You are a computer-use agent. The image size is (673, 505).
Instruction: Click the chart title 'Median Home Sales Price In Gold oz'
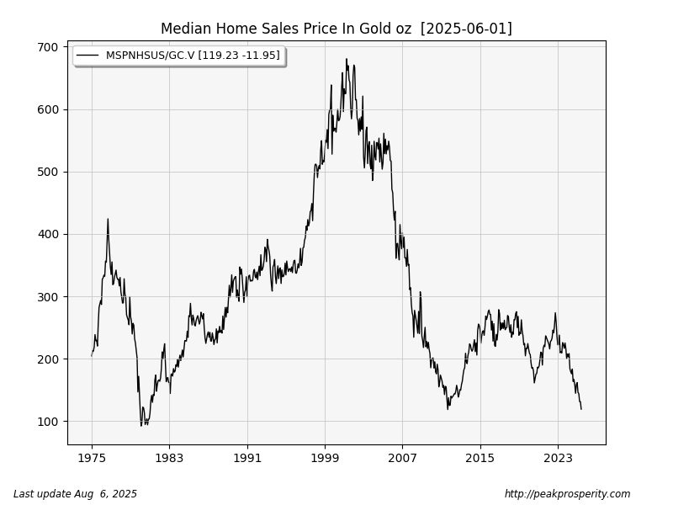coord(286,29)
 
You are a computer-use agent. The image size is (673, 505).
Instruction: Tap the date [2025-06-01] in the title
coord(466,29)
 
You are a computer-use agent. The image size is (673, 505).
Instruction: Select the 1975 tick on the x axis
coord(92,458)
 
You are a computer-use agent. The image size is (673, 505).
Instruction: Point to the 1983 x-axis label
coord(169,458)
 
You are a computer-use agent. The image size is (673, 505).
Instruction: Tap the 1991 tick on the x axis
coord(247,458)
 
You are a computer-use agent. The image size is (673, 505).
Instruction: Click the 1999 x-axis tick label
coord(325,458)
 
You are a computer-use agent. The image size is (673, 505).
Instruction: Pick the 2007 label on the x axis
coord(402,458)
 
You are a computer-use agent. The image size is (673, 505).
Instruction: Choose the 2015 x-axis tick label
coord(480,458)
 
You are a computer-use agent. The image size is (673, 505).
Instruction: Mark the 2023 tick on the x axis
coord(558,458)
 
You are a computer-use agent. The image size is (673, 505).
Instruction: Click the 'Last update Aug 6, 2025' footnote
coord(75,494)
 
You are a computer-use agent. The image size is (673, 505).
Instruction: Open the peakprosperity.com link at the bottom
coord(567,494)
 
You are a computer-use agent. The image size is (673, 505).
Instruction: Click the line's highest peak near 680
coord(346,59)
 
